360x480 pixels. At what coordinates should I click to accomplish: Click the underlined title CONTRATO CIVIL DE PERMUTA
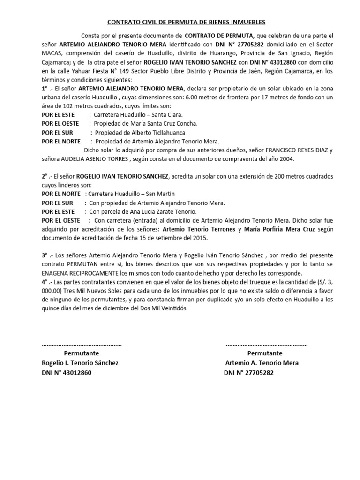click(187, 22)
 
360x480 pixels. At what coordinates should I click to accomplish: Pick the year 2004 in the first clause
click(285, 159)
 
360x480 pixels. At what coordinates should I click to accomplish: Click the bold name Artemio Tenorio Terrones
click(198, 230)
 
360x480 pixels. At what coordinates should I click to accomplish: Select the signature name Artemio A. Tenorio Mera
click(262, 363)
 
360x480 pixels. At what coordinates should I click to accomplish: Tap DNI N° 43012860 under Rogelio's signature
click(67, 372)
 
